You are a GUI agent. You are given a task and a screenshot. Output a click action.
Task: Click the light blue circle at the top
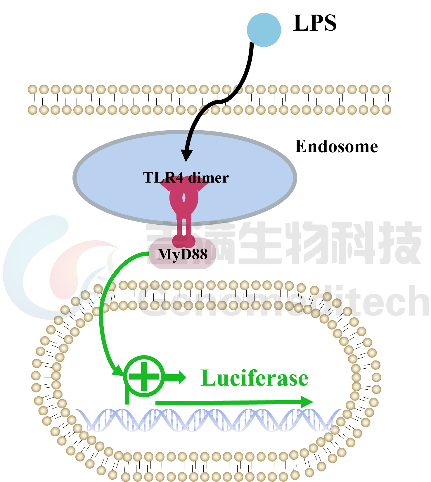point(264,30)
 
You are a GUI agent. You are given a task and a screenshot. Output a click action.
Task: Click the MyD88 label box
point(182,254)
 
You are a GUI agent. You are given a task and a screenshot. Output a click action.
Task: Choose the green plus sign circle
point(144,376)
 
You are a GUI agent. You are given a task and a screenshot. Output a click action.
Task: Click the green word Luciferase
point(254,378)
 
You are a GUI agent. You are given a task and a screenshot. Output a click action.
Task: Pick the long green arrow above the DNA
point(234,403)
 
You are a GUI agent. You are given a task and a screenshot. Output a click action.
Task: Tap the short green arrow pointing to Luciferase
point(177,377)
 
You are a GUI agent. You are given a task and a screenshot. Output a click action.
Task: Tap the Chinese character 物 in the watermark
point(308,242)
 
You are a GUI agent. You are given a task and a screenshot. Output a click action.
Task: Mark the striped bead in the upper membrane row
point(238,89)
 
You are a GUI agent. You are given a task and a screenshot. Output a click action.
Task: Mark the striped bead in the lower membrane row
point(204,110)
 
